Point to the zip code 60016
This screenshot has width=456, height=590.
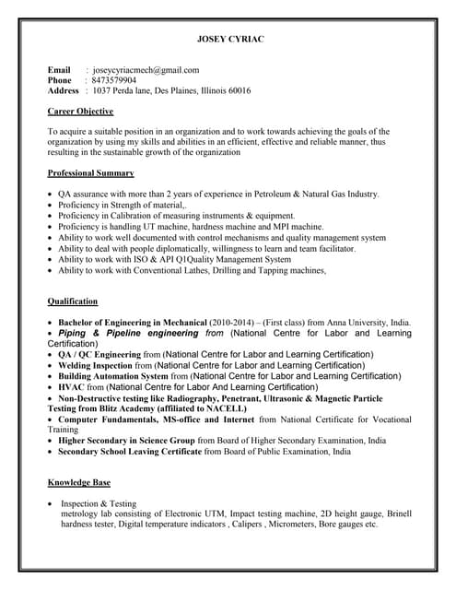(239, 91)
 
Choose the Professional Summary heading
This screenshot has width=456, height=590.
(90, 173)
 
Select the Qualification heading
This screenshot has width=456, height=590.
(73, 301)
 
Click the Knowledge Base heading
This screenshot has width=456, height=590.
(79, 482)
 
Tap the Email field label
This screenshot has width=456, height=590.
(59, 69)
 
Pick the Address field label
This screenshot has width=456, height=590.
(64, 91)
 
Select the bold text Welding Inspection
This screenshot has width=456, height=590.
(96, 365)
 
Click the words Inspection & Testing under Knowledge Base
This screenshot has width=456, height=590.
(99, 504)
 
